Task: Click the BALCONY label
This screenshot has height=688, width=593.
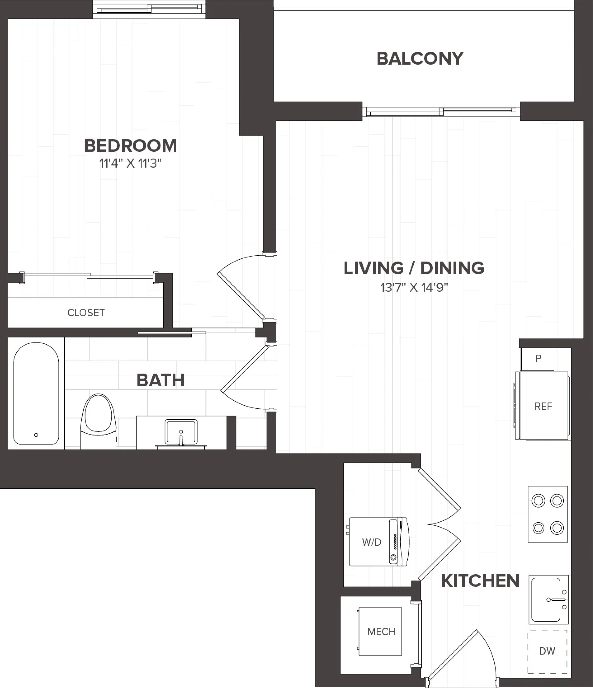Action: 420,59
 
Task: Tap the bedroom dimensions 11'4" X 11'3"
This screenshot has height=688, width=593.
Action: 130,163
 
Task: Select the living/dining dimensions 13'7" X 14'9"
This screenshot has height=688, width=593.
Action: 414,287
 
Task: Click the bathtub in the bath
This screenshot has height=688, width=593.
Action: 36,393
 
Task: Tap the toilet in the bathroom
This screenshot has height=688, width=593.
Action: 98,422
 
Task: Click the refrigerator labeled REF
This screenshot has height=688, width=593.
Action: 542,406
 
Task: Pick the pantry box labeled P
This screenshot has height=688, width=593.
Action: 537,359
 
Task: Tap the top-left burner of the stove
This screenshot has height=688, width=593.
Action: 539,501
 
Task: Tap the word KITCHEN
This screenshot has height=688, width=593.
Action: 480,581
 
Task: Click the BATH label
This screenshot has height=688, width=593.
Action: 161,380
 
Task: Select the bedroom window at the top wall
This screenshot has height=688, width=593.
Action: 149,9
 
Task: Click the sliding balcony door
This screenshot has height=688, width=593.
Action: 441,112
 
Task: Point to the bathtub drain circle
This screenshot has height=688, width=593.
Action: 36,435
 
